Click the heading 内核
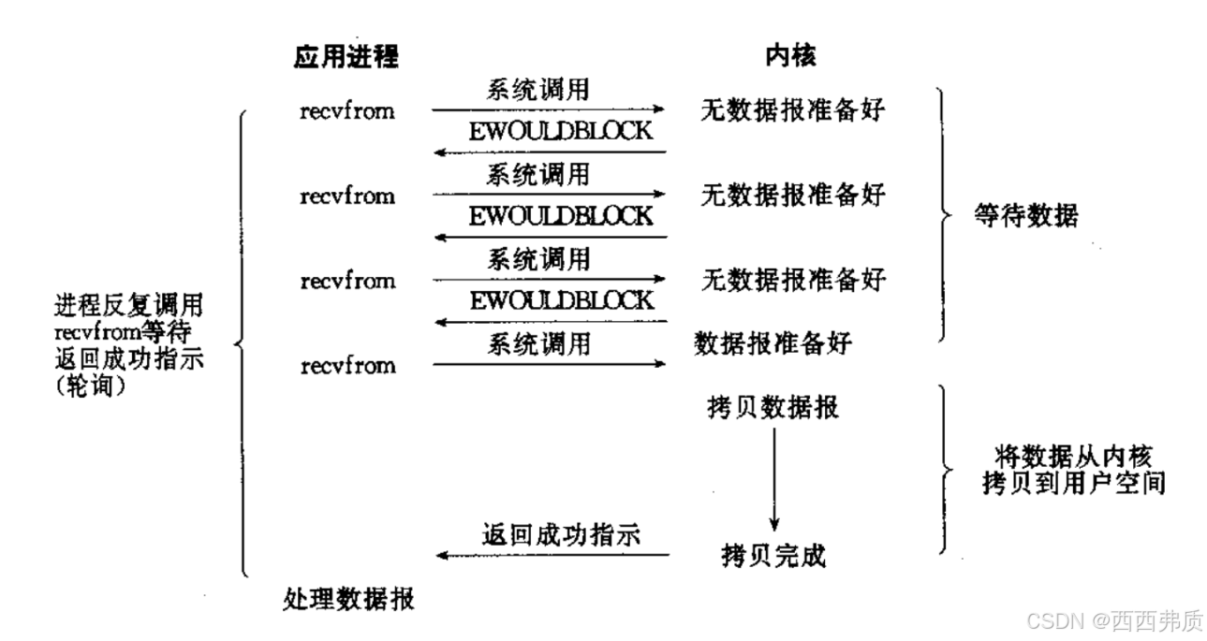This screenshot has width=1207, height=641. (x=790, y=57)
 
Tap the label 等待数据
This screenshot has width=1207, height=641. (x=1024, y=217)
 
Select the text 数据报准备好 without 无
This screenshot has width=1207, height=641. (x=773, y=343)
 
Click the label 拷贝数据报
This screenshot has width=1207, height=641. (x=773, y=409)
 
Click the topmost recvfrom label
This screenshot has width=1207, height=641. (x=347, y=111)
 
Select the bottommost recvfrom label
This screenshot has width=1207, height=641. (x=347, y=366)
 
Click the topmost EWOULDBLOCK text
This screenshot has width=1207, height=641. (x=561, y=131)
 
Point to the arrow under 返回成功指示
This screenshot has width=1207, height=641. (x=552, y=556)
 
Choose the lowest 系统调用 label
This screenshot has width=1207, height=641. (x=538, y=343)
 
